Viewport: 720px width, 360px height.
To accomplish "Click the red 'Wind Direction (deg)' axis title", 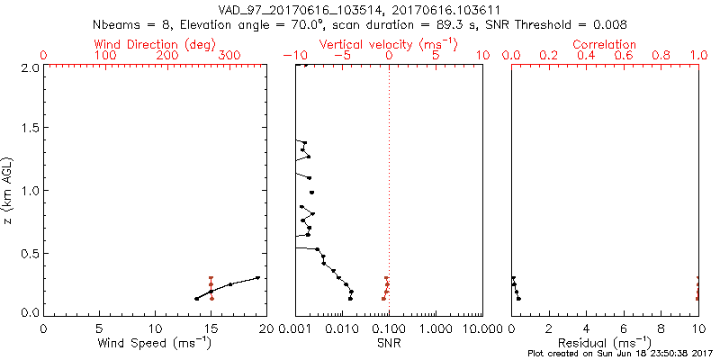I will [154, 44].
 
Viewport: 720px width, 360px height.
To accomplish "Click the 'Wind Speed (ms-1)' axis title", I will [156, 344].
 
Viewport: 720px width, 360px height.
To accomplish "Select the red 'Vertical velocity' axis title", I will [389, 44].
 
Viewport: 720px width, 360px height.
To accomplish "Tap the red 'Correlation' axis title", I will [605, 44].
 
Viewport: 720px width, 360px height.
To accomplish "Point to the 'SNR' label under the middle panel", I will [389, 344].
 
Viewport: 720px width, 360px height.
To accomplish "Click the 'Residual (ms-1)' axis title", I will [605, 344].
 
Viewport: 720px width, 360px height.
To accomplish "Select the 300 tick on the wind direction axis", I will [229, 56].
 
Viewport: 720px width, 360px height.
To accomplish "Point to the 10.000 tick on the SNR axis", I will [481, 328].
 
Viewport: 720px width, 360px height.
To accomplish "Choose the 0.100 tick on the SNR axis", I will [389, 328].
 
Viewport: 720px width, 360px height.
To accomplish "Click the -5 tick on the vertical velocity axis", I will [342, 56].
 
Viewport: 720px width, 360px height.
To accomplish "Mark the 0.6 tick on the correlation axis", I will [624, 56].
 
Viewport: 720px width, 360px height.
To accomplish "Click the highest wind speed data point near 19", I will [257, 277].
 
